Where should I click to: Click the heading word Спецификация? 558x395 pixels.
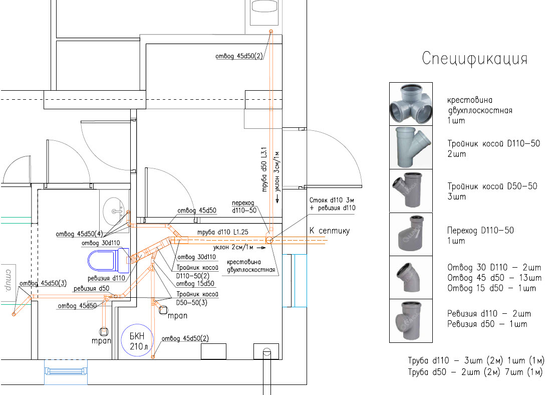[474, 59]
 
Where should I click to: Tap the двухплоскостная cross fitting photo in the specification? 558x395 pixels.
[411, 104]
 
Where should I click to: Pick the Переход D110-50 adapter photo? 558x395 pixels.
[411, 234]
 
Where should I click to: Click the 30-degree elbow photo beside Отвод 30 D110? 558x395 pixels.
[411, 277]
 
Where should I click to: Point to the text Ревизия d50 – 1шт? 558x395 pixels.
[487, 324]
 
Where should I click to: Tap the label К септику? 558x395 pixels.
[329, 231]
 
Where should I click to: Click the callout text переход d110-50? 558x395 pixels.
[244, 207]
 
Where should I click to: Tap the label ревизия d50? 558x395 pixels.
[91, 288]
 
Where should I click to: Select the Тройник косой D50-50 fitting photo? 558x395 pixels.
[411, 190]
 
